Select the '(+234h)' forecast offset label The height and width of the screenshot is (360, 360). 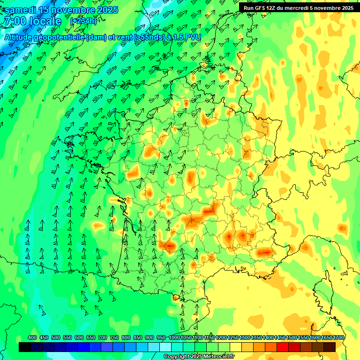point(83,21)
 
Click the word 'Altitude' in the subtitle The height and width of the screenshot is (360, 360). point(21,37)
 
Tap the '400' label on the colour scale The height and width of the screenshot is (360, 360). point(32,337)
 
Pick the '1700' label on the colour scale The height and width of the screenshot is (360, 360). point(338,337)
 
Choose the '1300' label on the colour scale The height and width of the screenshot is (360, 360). point(244,337)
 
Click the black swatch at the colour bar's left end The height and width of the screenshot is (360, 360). point(25,347)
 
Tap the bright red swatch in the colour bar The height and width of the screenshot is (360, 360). point(283,347)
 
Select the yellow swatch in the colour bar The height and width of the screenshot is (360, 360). point(236,347)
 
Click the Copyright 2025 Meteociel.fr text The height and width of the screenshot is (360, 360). point(199,357)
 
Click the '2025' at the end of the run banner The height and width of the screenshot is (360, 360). point(347,8)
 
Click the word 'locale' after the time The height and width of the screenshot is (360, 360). point(45,22)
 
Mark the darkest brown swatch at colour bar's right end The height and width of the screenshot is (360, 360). point(330,347)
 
